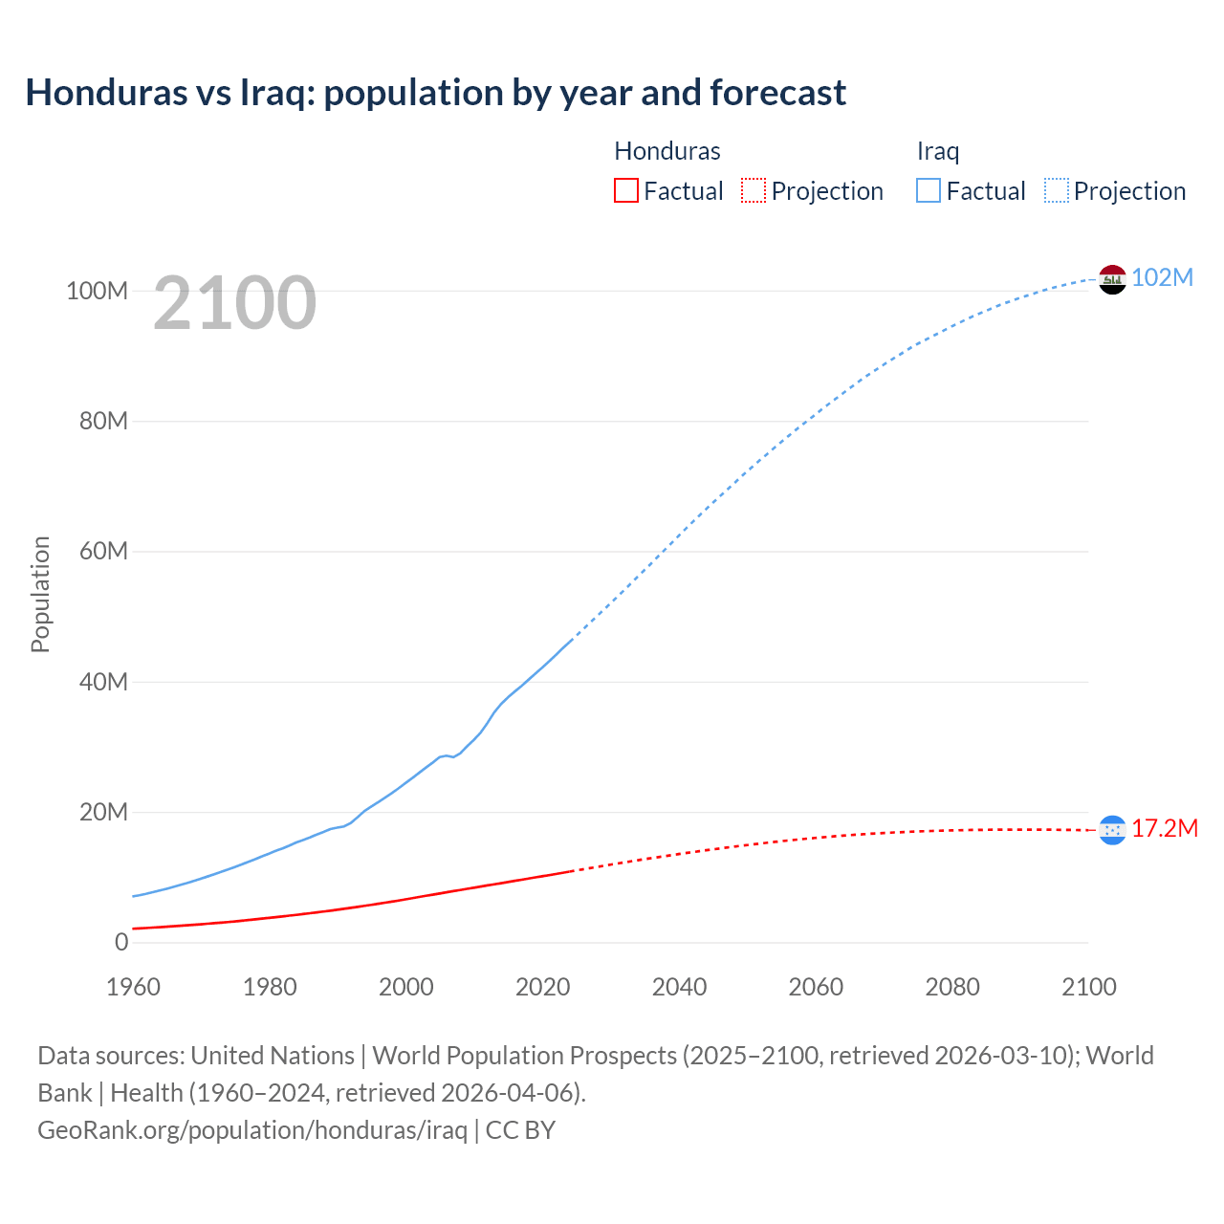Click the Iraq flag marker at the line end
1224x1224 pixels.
pos(1112,279)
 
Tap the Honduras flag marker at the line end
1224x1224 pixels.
pos(1112,830)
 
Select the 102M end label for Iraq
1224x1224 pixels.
pos(1162,277)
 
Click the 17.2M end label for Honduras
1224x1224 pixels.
pos(1164,828)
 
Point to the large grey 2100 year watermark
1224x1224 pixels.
pos(234,303)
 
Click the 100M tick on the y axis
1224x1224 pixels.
pos(97,291)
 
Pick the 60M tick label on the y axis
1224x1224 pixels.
pos(102,551)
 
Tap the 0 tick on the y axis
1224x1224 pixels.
pos(120,942)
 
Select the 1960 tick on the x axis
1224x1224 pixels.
pos(133,987)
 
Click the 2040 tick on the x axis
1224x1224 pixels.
pos(679,987)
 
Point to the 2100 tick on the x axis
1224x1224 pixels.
pos(1088,987)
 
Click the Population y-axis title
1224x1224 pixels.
pos(40,594)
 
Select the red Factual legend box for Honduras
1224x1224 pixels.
pos(625,190)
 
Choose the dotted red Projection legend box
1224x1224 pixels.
pos(754,190)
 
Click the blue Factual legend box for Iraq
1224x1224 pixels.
pos(928,190)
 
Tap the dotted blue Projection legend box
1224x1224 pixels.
pos(1056,190)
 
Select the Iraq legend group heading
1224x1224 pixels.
pos(937,151)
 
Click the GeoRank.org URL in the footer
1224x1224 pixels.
pos(252,1129)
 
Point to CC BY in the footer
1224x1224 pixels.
pos(520,1129)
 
